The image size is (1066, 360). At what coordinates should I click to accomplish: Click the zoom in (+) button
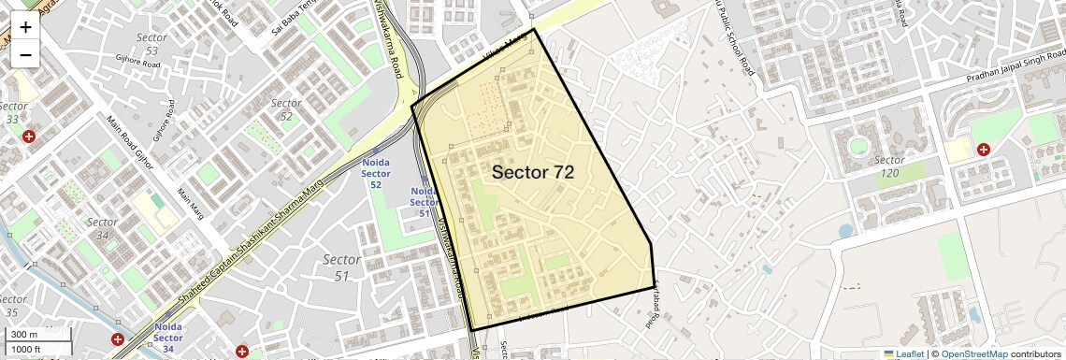click(x=25, y=26)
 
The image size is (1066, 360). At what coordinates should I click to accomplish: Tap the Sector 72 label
click(x=532, y=172)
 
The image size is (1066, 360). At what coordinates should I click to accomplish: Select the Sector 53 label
click(x=151, y=43)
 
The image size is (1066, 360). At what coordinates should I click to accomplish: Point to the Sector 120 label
click(x=889, y=166)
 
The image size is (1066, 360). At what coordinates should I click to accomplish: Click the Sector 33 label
click(x=13, y=112)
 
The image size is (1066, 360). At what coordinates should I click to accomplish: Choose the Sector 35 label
click(x=10, y=306)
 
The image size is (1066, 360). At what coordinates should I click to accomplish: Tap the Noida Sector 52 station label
click(x=375, y=173)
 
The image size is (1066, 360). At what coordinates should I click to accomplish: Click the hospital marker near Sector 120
click(x=984, y=149)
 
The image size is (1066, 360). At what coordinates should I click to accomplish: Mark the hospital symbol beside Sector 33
click(x=29, y=137)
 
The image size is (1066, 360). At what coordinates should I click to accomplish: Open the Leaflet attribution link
click(x=903, y=353)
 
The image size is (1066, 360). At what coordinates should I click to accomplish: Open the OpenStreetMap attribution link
click(x=974, y=353)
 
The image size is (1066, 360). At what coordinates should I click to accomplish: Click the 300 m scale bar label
click(x=25, y=335)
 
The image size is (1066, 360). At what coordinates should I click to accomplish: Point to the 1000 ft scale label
click(x=27, y=349)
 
